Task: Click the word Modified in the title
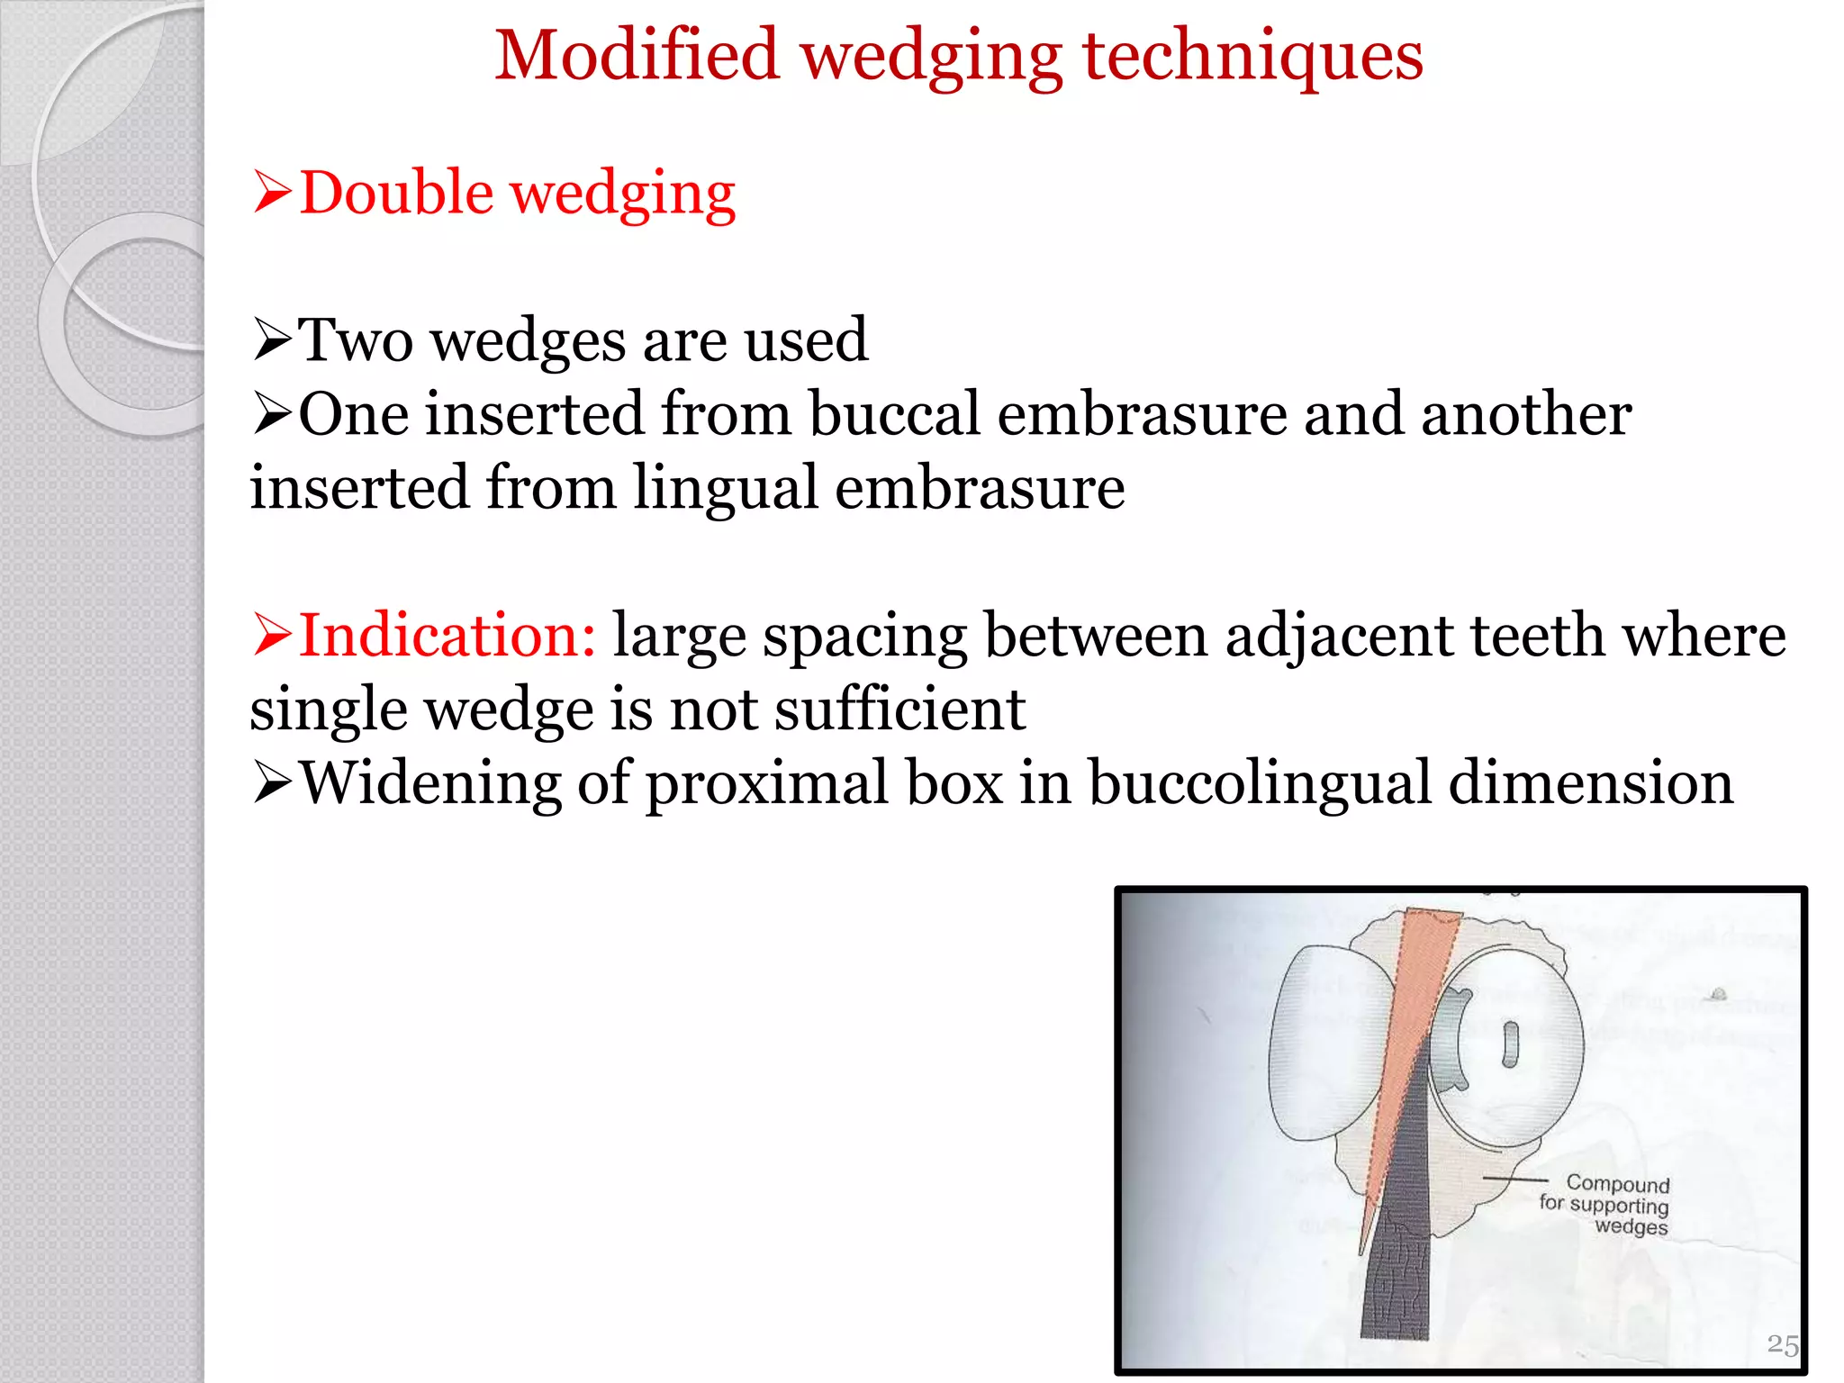[x=637, y=56]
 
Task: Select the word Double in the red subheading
[x=396, y=193]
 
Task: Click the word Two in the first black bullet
[x=356, y=340]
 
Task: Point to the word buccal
[x=893, y=414]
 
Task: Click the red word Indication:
[x=447, y=636]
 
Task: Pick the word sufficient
[x=899, y=710]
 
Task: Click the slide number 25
[x=1782, y=1344]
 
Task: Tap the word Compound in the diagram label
[x=1617, y=1183]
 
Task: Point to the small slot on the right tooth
[x=1511, y=1044]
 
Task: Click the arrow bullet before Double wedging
[x=272, y=193]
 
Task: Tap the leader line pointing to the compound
[x=1515, y=1179]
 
